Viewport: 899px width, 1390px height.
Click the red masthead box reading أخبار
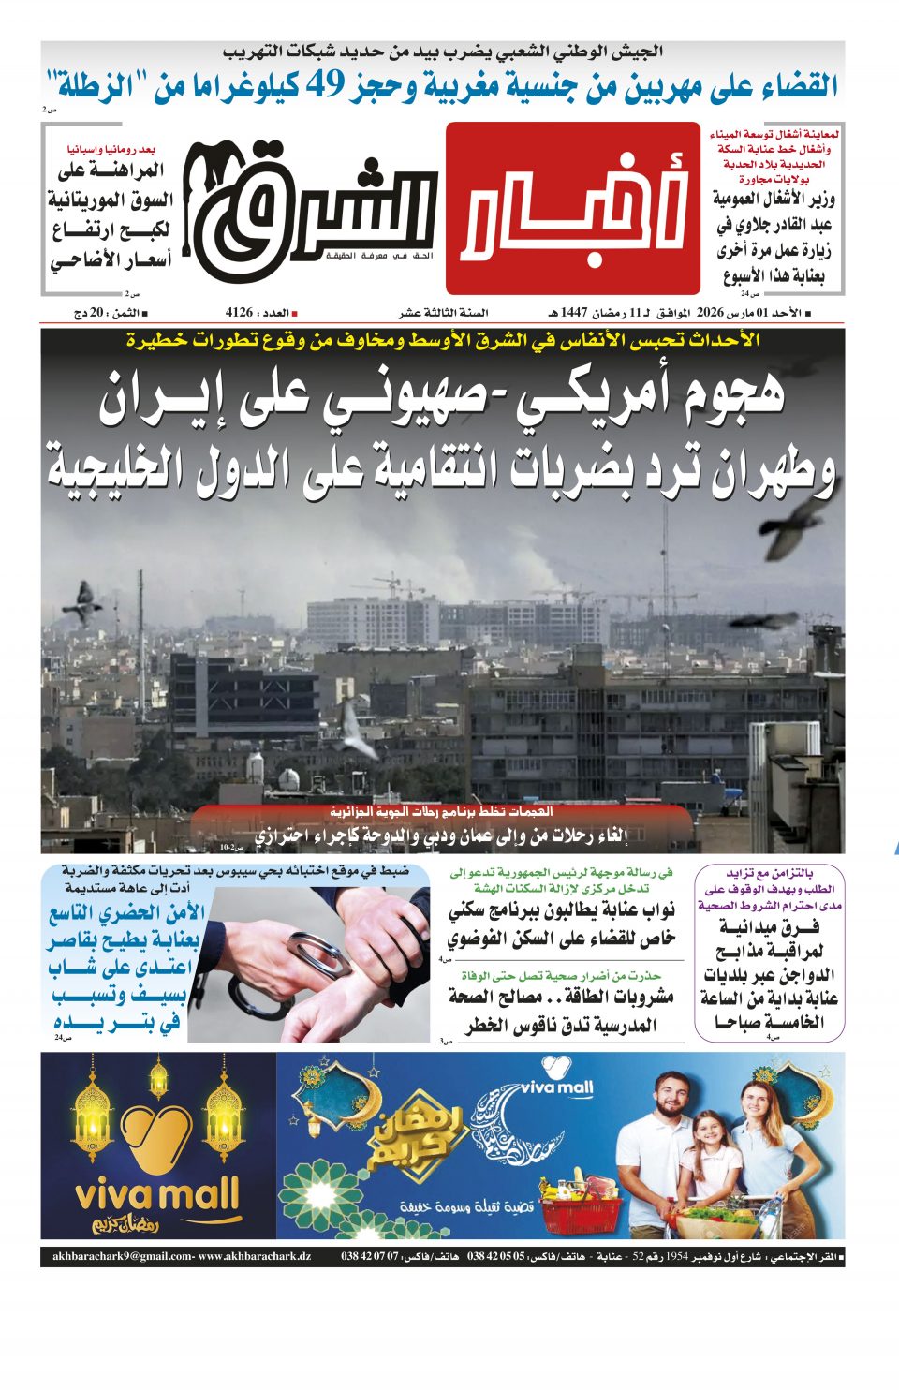(x=572, y=209)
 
